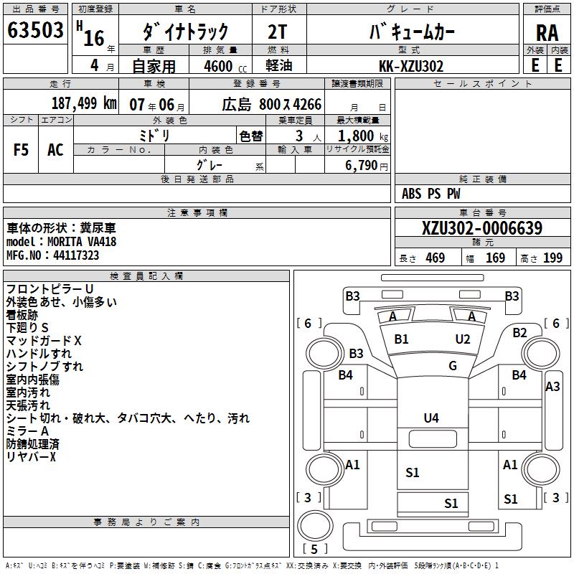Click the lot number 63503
click(36, 31)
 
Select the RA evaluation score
click(547, 32)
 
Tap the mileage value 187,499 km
click(84, 104)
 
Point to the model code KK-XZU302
click(410, 66)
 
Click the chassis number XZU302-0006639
click(481, 229)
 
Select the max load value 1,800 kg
click(362, 136)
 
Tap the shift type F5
click(22, 149)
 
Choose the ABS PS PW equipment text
click(431, 194)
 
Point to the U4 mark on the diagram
click(431, 418)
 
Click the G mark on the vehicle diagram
click(453, 366)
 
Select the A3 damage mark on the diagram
click(552, 387)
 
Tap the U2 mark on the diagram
click(463, 339)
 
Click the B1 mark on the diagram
click(402, 339)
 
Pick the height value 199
click(552, 258)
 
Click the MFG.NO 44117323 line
click(53, 255)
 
